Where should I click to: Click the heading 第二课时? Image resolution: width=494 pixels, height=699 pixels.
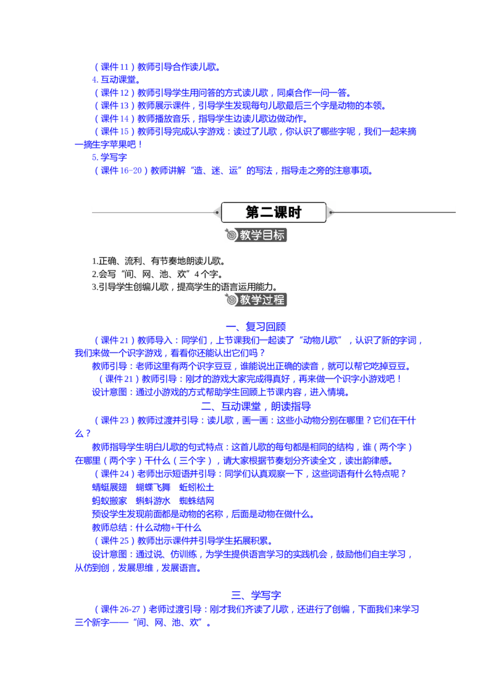274,212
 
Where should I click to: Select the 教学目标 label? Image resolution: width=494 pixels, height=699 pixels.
263,235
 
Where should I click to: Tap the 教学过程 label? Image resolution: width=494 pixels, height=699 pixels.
263,301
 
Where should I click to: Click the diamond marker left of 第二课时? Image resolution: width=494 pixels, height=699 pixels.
216,212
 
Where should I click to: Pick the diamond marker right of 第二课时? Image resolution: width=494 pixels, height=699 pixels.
331,212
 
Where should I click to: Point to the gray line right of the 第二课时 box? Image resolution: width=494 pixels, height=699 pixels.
395,212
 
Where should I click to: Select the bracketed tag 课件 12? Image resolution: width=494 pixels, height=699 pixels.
114,93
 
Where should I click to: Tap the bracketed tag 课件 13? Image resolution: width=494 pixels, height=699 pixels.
114,106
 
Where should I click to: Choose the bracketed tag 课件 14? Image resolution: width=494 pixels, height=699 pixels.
114,119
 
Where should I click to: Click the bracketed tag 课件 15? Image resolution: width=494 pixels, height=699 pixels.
114,132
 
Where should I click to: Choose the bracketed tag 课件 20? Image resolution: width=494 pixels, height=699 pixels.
114,340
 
